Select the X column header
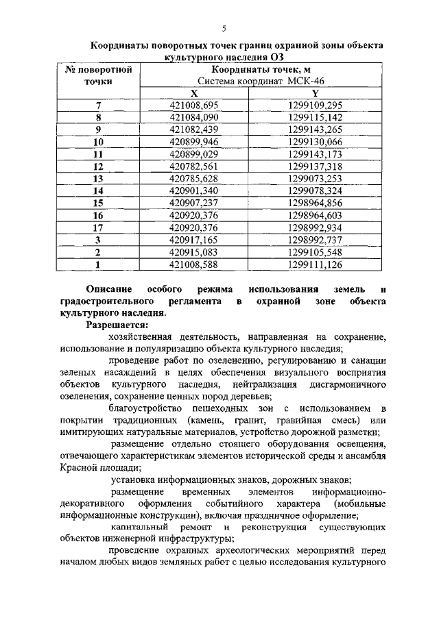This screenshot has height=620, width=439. [194, 93]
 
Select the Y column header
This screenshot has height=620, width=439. [316, 93]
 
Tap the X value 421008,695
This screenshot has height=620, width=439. [194, 106]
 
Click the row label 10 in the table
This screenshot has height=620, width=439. [98, 142]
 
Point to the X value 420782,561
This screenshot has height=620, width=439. [194, 166]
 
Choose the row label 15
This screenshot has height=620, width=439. [98, 203]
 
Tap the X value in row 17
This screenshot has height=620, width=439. [194, 228]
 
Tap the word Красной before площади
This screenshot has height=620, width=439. [79, 468]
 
